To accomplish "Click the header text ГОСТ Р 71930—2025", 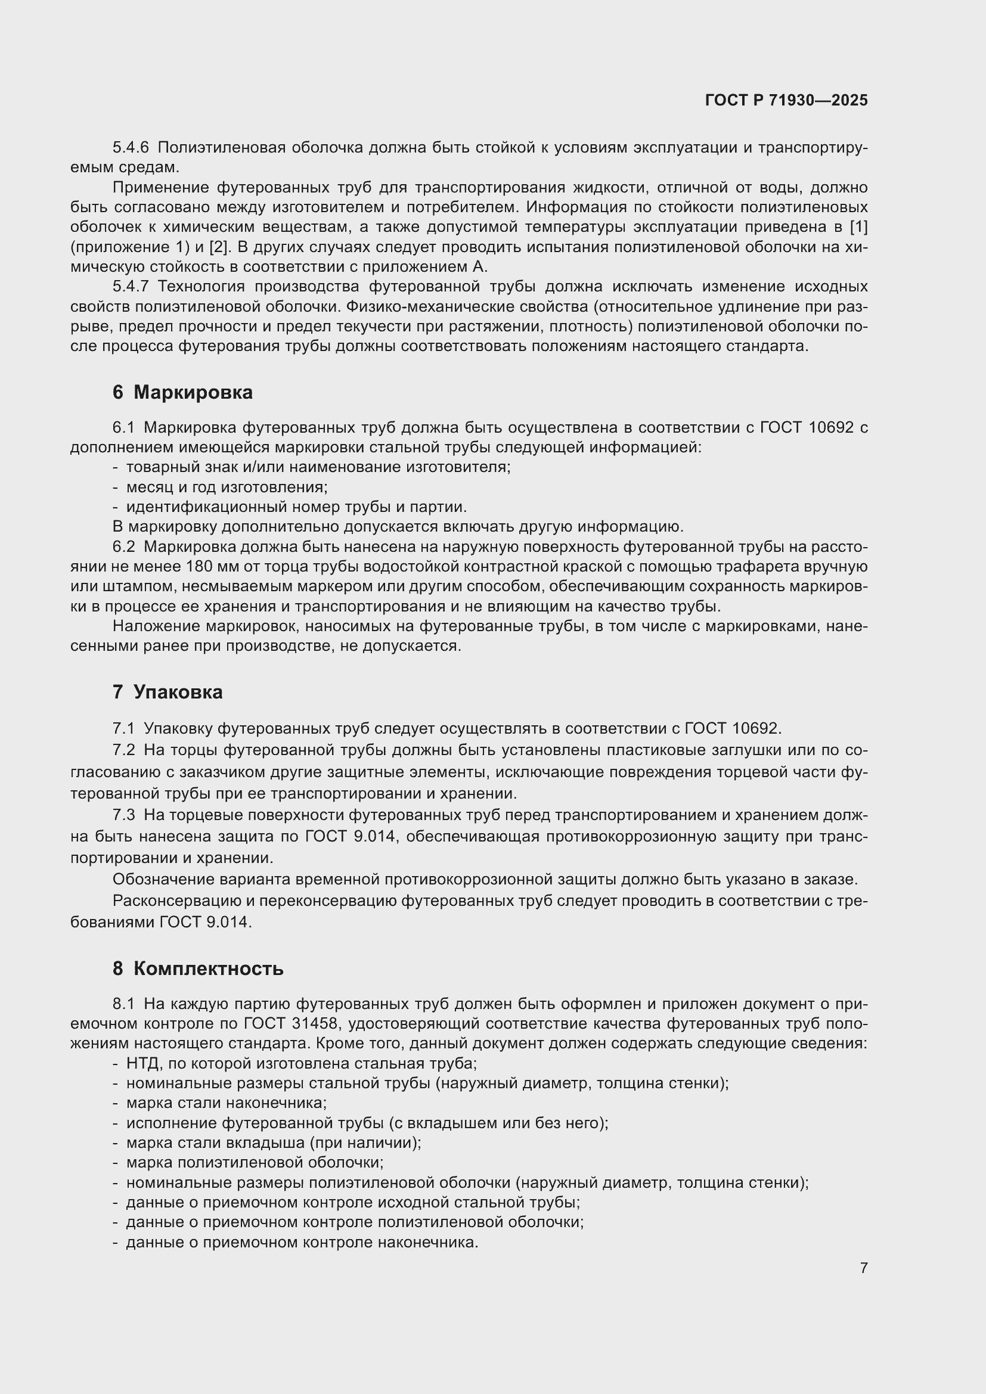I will [x=786, y=100].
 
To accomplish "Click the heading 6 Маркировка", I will [x=182, y=392].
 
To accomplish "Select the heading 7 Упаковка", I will [x=167, y=691].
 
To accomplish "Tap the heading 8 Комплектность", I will [x=197, y=968].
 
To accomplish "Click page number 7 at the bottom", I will [x=863, y=1268].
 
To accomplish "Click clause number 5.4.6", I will [x=131, y=148].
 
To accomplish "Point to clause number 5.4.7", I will [x=131, y=287].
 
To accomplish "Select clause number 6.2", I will [x=124, y=547].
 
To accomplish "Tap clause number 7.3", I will [x=124, y=815].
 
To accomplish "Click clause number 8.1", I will [x=124, y=1004].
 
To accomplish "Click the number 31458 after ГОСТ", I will [x=315, y=1024].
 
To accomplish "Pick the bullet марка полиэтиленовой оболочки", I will [x=255, y=1162].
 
